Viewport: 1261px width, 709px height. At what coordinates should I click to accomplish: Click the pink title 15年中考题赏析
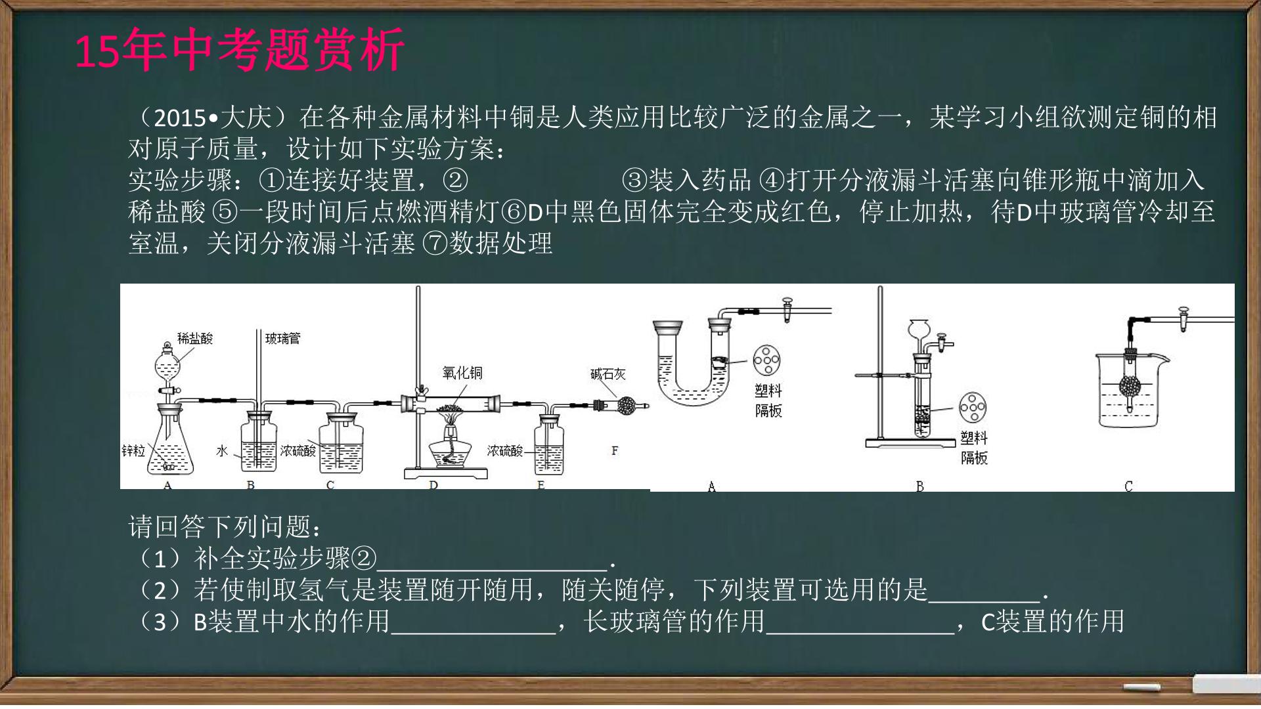tap(240, 50)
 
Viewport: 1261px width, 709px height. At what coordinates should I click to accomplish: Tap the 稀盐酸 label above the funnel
tap(195, 339)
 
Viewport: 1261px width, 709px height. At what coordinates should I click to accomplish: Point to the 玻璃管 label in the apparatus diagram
tap(282, 339)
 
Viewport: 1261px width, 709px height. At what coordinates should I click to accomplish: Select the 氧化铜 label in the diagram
tap(462, 373)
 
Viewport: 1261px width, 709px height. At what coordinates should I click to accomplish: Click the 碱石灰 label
tap(608, 374)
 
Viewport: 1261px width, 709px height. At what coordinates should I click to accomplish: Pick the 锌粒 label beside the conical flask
tap(133, 450)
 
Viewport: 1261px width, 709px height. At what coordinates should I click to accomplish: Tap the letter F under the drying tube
tap(615, 450)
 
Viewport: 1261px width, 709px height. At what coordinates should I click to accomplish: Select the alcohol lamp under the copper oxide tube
tap(450, 450)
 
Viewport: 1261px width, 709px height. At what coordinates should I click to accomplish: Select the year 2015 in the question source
tap(180, 118)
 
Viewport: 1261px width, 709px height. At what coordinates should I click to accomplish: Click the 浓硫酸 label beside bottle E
tap(505, 450)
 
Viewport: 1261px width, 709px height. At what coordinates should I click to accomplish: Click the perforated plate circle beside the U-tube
tap(766, 359)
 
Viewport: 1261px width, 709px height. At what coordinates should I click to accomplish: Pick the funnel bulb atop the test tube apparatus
tap(919, 328)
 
